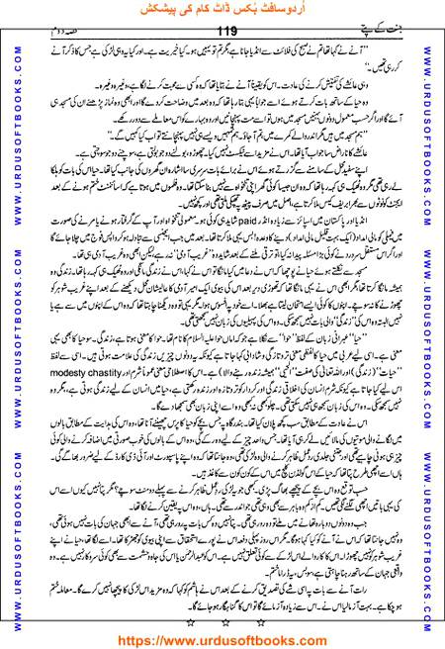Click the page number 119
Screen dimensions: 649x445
[223, 31]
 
